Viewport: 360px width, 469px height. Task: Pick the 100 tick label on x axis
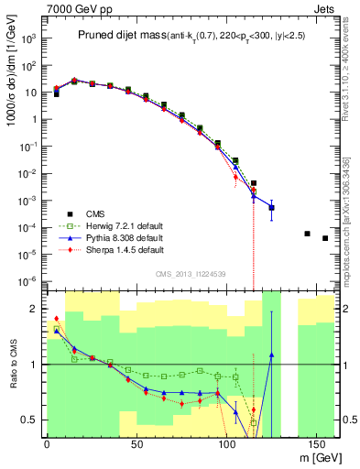coord(226,443)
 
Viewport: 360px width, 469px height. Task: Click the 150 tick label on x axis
coord(316,443)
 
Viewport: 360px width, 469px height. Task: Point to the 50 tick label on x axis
coord(136,443)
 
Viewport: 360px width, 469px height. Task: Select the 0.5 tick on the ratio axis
coord(29,420)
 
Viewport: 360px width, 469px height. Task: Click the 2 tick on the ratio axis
coord(35,309)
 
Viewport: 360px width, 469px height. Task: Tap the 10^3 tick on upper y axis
coord(29,39)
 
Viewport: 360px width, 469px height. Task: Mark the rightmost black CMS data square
coord(325,238)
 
